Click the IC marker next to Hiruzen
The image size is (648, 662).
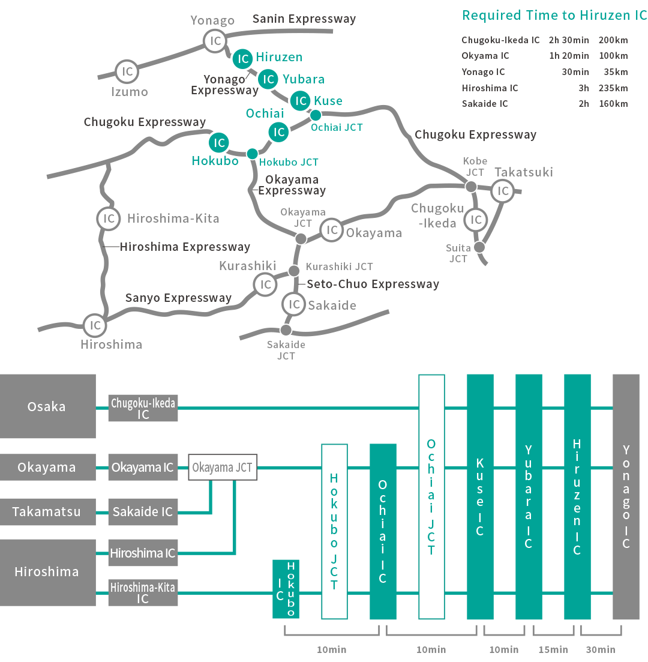243,59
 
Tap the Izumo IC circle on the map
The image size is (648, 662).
127,71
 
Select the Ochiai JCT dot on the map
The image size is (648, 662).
316,115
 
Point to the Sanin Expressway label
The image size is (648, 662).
304,19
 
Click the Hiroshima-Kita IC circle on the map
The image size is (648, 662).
109,218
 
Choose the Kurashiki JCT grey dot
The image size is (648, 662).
294,271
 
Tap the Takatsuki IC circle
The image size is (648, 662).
503,191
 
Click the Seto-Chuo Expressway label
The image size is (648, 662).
373,284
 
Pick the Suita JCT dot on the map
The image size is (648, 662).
479,247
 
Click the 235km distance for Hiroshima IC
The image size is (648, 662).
613,88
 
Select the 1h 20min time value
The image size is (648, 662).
569,56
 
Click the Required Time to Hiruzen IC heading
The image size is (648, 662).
554,16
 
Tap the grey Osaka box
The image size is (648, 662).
47,406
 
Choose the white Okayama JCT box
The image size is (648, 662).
223,468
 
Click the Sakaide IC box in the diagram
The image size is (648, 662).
143,512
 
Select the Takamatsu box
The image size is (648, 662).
47,512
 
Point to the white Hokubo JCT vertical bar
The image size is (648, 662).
334,531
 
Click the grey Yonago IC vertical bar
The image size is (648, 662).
626,496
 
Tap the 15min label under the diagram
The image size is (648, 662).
553,649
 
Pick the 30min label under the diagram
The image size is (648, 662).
601,649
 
